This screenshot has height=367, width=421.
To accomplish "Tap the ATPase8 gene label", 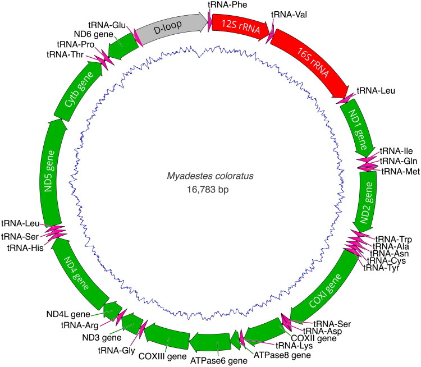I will [x=281, y=355].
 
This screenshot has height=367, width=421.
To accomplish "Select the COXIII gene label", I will [x=162, y=356].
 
